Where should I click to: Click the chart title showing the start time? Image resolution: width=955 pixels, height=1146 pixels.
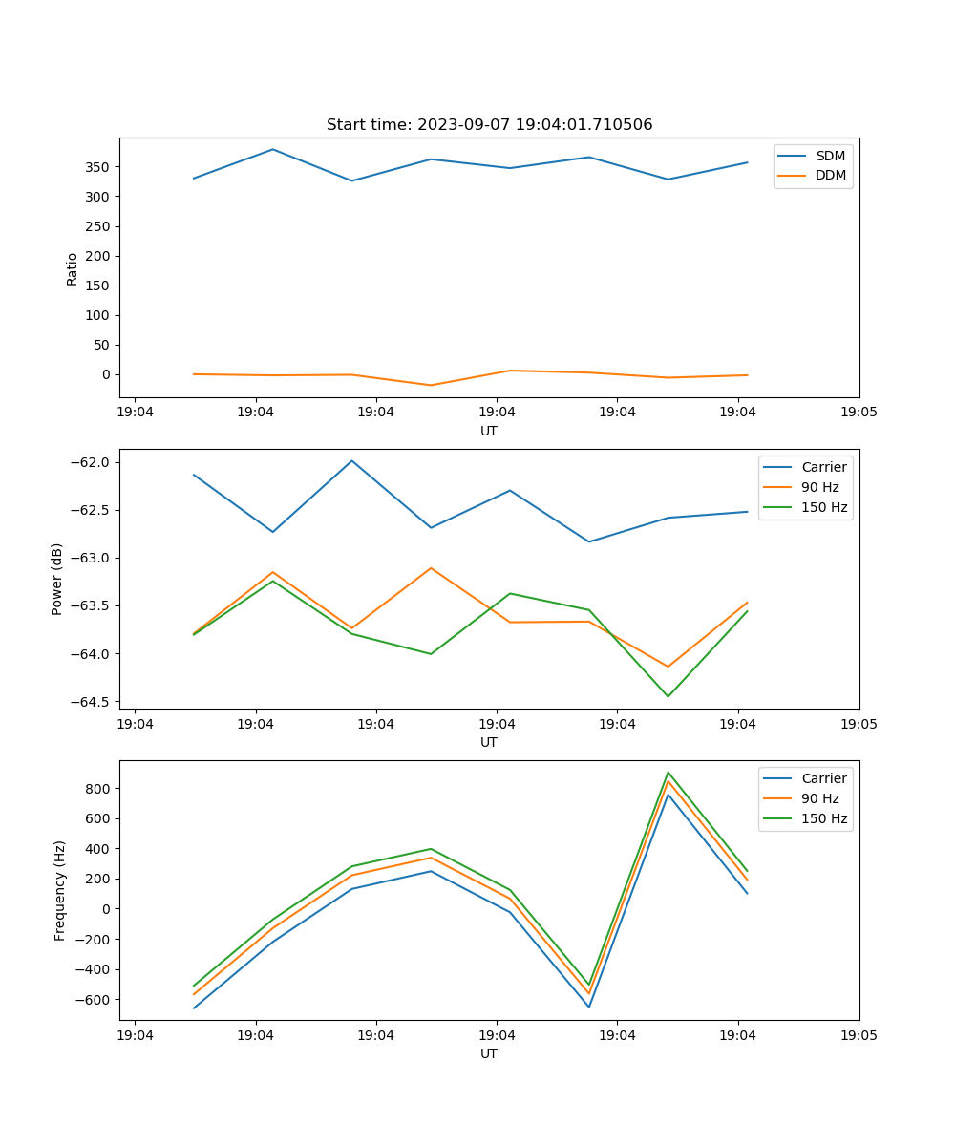pos(489,125)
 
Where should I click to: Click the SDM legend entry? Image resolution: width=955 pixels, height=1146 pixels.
pos(830,156)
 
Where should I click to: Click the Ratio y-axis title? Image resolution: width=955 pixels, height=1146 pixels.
pos(72,268)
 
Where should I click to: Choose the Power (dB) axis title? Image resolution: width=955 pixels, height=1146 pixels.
pos(57,579)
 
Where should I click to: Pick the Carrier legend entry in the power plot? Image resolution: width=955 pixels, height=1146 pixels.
pos(823,467)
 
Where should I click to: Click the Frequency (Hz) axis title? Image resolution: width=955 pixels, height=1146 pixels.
pos(59,890)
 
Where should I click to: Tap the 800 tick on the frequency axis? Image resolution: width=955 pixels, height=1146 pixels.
pos(98,789)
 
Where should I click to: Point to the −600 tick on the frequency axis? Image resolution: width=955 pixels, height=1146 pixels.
pos(94,1000)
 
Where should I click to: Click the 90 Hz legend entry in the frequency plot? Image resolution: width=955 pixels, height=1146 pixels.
pos(819,798)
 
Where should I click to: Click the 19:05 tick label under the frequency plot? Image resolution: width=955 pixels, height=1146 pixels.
pos(858,1034)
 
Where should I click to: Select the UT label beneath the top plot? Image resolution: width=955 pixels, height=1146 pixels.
pos(489,431)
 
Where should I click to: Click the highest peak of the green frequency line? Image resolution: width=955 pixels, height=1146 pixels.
pos(668,773)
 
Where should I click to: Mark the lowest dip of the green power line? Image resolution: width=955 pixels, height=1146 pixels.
pos(668,696)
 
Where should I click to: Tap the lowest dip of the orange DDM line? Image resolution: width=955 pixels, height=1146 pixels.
pos(431,385)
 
